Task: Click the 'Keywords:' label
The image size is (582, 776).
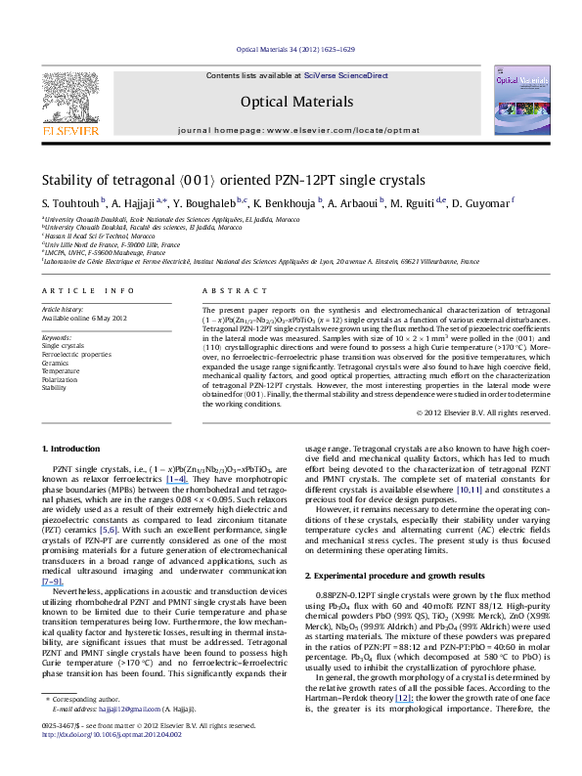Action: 57,336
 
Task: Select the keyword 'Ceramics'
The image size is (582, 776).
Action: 56,362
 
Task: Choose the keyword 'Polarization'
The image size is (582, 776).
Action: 61,378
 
